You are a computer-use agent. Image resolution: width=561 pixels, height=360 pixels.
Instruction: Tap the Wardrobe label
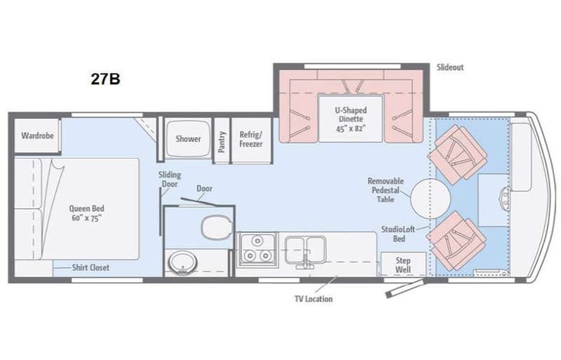[x=36, y=136]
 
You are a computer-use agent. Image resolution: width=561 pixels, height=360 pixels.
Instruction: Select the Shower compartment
[x=187, y=139]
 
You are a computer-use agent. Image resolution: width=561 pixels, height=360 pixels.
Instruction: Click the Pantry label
[x=222, y=140]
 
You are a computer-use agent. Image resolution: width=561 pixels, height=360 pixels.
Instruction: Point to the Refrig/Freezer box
[x=252, y=138]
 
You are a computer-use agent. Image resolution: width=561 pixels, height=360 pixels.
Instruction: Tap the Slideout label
[x=450, y=68]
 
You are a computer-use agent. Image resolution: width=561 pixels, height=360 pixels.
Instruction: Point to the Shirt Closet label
[x=91, y=268]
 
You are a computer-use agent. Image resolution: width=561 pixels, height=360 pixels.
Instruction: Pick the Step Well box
[x=403, y=265]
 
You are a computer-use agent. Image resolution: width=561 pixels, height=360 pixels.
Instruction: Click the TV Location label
[x=313, y=299]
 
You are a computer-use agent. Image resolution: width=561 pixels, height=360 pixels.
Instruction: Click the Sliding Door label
[x=170, y=180]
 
